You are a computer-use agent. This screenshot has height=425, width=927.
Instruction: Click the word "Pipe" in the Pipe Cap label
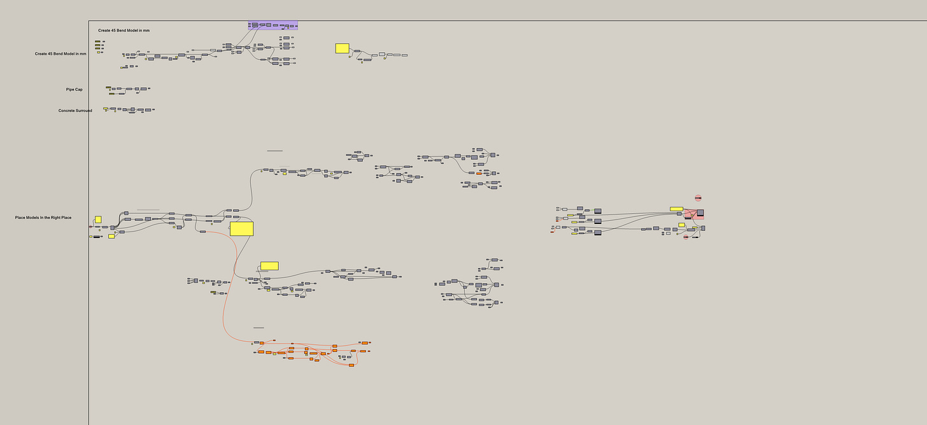(x=70, y=90)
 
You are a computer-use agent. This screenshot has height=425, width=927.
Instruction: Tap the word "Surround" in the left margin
(x=84, y=111)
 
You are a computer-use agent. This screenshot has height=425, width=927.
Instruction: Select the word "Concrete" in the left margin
(x=67, y=111)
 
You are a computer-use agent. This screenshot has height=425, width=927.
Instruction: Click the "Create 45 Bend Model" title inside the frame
(x=124, y=31)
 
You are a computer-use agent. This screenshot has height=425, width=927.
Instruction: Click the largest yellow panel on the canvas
(x=241, y=228)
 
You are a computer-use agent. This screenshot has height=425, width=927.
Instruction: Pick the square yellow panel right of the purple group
(x=342, y=48)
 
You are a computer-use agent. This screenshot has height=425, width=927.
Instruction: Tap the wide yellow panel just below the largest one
(x=269, y=266)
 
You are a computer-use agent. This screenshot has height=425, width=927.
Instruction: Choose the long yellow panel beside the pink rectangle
(x=676, y=209)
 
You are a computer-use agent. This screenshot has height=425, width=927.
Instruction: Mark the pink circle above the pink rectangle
(x=698, y=198)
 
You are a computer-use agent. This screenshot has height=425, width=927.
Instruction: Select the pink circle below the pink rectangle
(x=686, y=237)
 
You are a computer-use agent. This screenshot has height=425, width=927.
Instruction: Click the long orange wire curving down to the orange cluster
(x=225, y=312)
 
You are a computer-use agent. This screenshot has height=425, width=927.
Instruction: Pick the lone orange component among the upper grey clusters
(x=479, y=173)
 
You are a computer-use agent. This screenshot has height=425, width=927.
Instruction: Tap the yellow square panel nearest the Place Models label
(x=98, y=219)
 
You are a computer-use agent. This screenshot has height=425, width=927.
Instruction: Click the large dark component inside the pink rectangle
(x=700, y=212)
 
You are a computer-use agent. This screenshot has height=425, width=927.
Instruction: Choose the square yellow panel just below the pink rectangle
(x=681, y=225)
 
